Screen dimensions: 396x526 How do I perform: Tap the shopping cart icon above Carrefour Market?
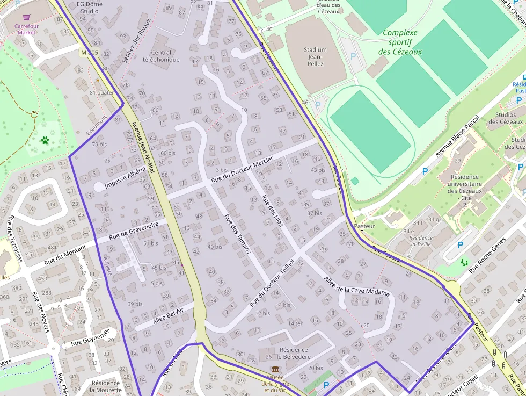coord(26,18)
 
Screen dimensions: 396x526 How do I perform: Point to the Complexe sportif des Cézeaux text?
coord(400,42)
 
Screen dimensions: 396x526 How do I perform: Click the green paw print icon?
coord(45,141)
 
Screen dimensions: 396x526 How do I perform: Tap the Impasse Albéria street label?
coord(125,177)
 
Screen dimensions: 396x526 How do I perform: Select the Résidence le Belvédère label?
coord(294,353)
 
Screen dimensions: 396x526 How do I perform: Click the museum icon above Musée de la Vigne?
coord(275,370)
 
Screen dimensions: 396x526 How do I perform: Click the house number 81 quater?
coord(101,92)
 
